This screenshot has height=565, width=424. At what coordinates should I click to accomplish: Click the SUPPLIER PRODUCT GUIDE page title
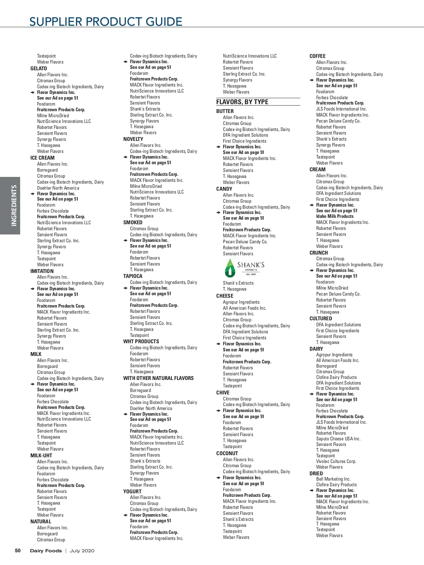pos(106,22)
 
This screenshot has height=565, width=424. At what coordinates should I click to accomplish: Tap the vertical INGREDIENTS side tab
pos(14,206)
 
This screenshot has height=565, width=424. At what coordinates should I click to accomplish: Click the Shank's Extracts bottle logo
pos(230,268)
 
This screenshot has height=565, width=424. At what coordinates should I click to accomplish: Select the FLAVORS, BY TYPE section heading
pos(242,102)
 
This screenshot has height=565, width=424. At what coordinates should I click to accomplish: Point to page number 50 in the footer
pos(18,551)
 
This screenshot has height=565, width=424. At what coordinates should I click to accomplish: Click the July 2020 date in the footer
pos(82,551)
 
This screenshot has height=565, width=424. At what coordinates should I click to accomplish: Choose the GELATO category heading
pos(39,69)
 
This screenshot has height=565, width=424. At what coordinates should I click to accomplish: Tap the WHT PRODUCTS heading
pos(141,341)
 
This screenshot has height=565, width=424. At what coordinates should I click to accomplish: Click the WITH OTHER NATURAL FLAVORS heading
pos(158,378)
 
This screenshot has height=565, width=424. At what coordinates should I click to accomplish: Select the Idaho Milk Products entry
pos(335,216)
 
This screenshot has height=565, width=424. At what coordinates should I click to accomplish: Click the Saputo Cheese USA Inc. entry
pos(338,439)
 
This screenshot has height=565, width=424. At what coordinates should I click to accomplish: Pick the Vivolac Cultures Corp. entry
pos(336,461)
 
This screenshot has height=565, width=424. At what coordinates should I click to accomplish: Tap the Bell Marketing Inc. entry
pos(333,479)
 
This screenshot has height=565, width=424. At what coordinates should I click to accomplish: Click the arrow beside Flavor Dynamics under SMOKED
pos(125,240)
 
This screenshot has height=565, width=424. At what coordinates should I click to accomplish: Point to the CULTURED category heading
pos(321,319)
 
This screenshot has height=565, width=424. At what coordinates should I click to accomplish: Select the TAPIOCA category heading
pos(133,276)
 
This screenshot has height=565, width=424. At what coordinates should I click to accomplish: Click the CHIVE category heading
pos(223,393)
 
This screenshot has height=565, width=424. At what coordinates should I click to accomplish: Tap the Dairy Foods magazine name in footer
pos(46,551)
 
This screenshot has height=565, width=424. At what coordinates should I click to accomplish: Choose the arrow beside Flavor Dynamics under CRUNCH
pos(312,270)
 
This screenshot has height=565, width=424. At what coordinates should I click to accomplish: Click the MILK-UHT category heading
pos(41,456)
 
